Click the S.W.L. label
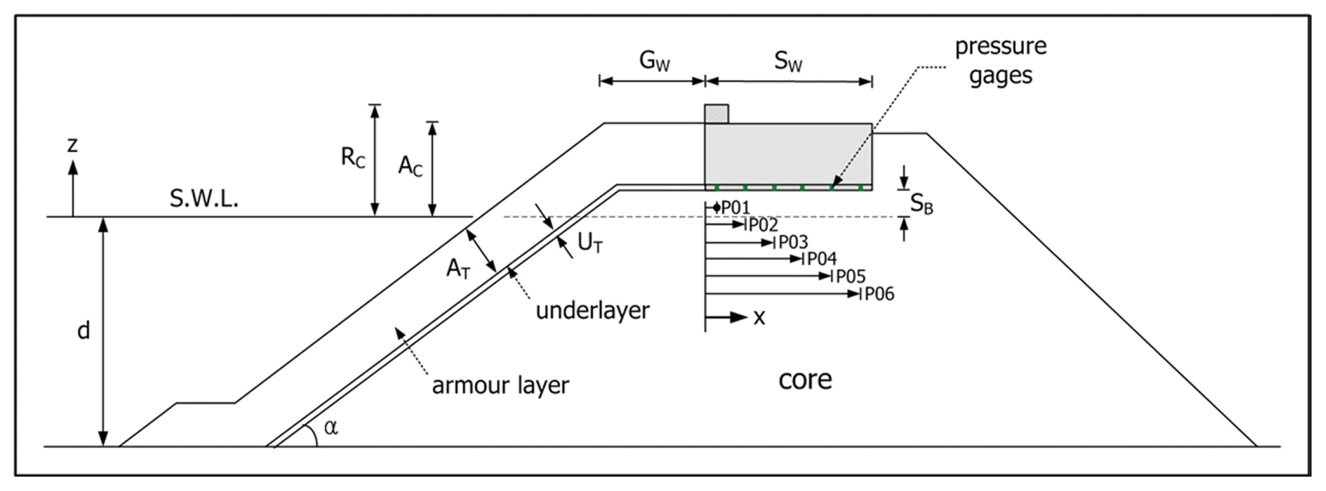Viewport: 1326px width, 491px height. pyautogui.click(x=204, y=199)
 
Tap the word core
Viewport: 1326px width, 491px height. pyautogui.click(x=805, y=380)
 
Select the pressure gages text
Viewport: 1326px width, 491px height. pyautogui.click(x=1000, y=61)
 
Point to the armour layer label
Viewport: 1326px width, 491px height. pyautogui.click(x=501, y=385)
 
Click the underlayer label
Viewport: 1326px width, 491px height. pyautogui.click(x=592, y=311)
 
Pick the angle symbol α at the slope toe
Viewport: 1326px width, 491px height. pyautogui.click(x=331, y=427)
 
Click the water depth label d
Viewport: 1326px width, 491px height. pyautogui.click(x=83, y=330)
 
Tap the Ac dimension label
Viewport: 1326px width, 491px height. pyautogui.click(x=410, y=166)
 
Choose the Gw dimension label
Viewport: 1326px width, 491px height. pyautogui.click(x=654, y=61)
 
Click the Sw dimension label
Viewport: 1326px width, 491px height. pyautogui.click(x=788, y=62)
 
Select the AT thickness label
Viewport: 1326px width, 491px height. pyautogui.click(x=458, y=269)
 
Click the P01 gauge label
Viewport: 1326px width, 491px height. pyautogui.click(x=736, y=208)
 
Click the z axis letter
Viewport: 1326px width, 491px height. pyautogui.click(x=73, y=146)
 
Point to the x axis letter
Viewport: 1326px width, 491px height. pyautogui.click(x=759, y=318)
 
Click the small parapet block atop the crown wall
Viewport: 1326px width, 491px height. pyautogui.click(x=716, y=114)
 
